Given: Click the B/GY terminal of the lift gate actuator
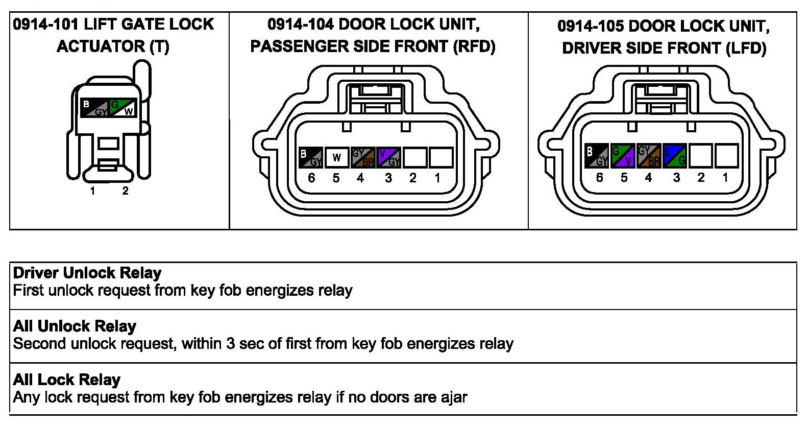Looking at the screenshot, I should click(95, 108).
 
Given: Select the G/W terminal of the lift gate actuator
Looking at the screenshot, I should click(123, 108).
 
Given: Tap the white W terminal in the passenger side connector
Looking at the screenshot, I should click(336, 157).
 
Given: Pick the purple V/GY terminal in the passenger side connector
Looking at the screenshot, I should click(388, 157).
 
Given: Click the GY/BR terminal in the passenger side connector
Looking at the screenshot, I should click(363, 157).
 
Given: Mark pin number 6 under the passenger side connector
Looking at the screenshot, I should click(311, 178).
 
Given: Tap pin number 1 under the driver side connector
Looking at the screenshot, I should click(725, 177).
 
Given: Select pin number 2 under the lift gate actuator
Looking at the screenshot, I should click(125, 191).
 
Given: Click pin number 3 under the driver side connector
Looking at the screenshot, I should click(676, 177).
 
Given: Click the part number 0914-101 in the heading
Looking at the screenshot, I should click(45, 24).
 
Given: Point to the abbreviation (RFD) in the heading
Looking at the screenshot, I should click(474, 46).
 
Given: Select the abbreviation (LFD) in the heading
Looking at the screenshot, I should click(746, 48).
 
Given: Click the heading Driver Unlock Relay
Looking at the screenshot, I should click(87, 273).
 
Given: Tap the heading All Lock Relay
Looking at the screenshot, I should click(67, 380).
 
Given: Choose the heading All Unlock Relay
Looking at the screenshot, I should click(75, 326).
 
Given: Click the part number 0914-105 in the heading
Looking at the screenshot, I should click(590, 26).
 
